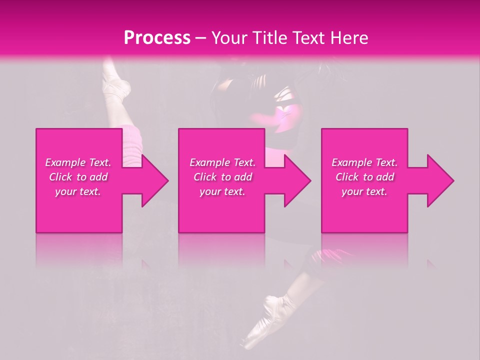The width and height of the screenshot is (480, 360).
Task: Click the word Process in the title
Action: (x=157, y=38)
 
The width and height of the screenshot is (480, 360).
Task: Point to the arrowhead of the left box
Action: (x=152, y=180)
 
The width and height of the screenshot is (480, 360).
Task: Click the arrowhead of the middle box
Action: (x=295, y=180)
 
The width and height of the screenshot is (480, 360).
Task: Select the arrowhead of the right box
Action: (x=438, y=180)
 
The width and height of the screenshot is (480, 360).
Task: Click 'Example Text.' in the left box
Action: (x=78, y=162)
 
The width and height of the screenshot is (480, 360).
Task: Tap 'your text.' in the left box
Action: (x=78, y=191)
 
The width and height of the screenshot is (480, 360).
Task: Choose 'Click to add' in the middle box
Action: (x=222, y=177)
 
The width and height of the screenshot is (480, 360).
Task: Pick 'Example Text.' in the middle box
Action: (x=222, y=162)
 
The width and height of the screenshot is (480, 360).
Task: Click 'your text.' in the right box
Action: (x=364, y=191)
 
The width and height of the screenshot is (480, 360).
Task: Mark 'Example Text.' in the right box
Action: (x=364, y=162)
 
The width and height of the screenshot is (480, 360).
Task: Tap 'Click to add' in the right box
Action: (x=364, y=177)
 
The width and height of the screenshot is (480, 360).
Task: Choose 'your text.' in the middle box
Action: (x=222, y=191)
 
